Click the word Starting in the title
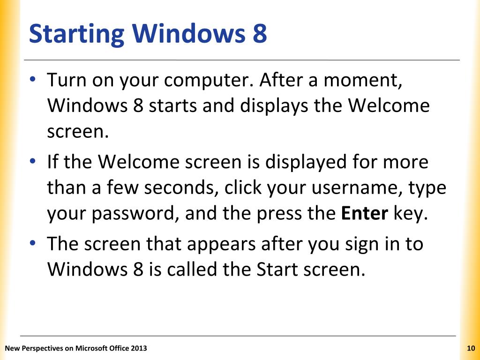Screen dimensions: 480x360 76,34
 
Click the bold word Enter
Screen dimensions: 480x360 365,213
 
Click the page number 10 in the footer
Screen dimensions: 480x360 471,348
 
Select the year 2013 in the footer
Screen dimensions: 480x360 139,348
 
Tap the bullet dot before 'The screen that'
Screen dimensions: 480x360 33,243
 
